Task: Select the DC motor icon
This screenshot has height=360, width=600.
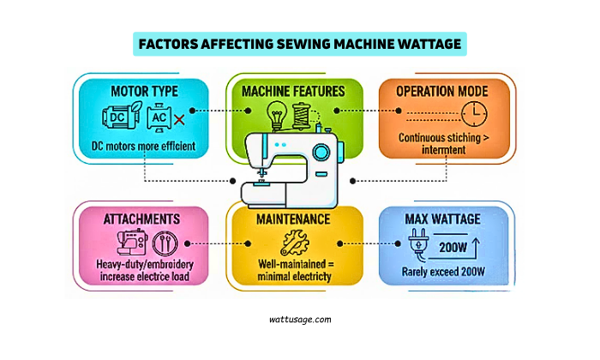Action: coord(120,117)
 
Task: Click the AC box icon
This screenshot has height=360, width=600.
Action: coord(159,117)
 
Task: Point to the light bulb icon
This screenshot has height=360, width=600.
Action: coord(277,114)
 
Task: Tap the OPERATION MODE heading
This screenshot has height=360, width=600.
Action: coord(447,90)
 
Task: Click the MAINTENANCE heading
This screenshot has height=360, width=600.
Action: coord(293,219)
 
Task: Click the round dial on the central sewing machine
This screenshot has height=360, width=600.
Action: coord(321,153)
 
